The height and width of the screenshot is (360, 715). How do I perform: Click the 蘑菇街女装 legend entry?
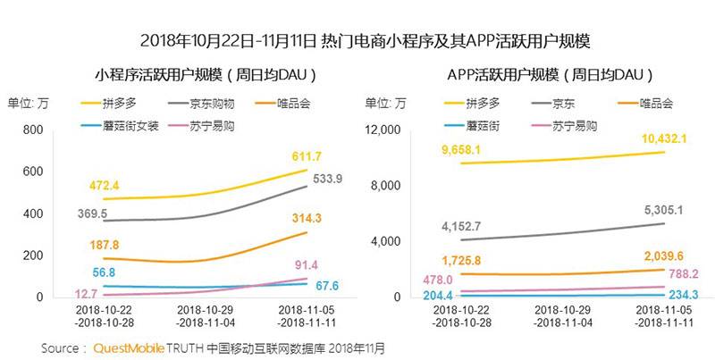click(133, 126)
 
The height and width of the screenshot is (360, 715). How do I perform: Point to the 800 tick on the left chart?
click(33, 130)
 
